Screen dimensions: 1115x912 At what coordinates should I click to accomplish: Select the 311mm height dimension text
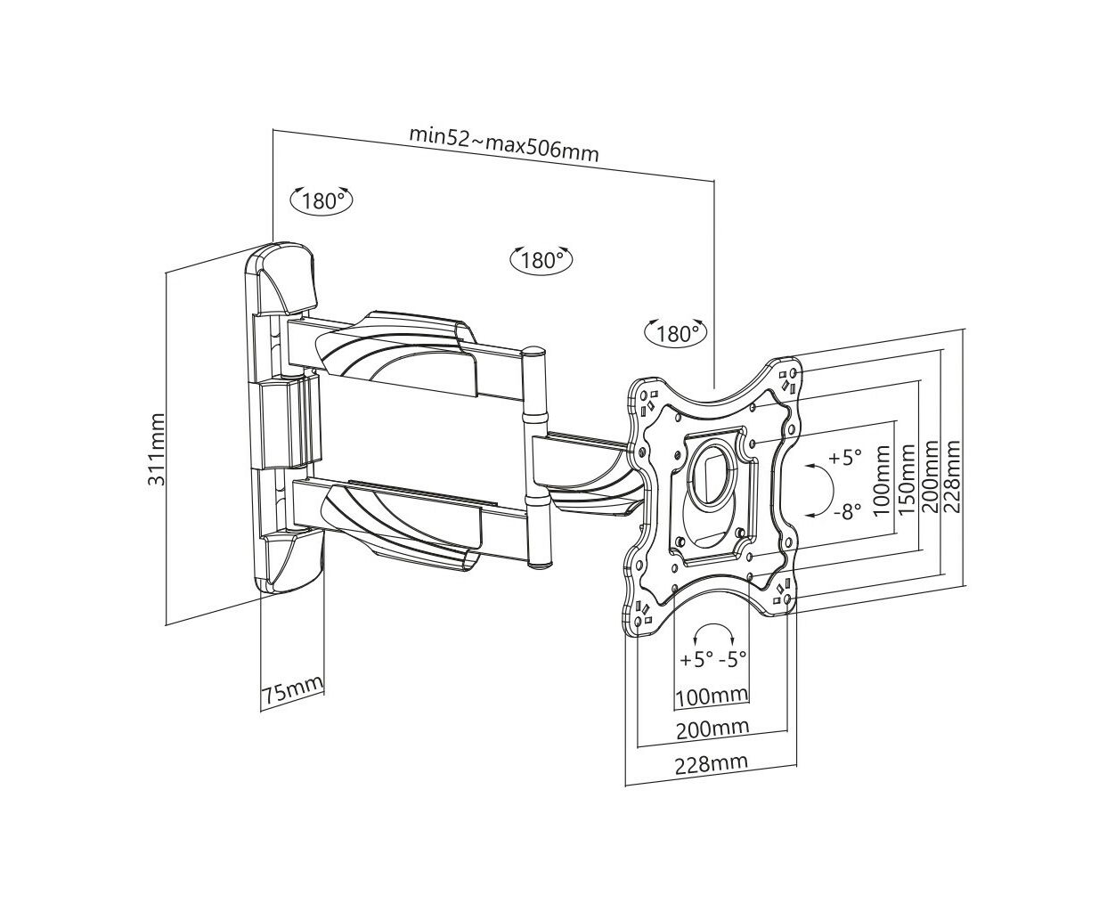(157, 450)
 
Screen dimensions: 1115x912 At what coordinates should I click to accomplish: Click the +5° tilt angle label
(845, 457)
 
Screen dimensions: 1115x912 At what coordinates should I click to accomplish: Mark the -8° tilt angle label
(848, 510)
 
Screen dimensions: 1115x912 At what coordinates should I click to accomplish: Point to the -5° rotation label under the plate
(732, 659)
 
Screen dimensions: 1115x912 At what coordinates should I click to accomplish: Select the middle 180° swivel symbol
(541, 259)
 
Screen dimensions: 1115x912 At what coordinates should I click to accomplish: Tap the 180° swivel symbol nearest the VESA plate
(676, 333)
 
